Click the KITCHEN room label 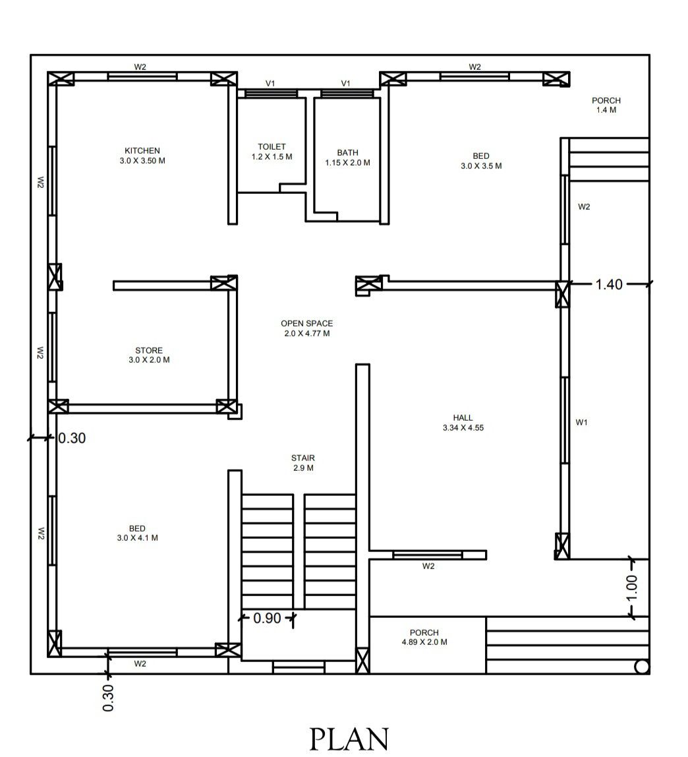point(142,150)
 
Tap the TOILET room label point(272,146)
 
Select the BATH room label point(347,152)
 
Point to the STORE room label point(148,350)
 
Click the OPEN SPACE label point(307,324)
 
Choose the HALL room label point(463,417)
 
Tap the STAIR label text point(303,458)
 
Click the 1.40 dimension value point(609,284)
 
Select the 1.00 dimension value point(631,588)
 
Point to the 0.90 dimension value point(267,618)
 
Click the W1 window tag point(581,423)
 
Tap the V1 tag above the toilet point(270,84)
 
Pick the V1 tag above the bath point(345,84)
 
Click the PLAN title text point(349,739)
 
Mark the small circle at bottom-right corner point(641,667)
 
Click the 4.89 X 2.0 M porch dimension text point(424,642)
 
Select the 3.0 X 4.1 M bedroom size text point(137,538)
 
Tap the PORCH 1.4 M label point(606,105)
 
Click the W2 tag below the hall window point(428,566)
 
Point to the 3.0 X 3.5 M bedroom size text point(481,166)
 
